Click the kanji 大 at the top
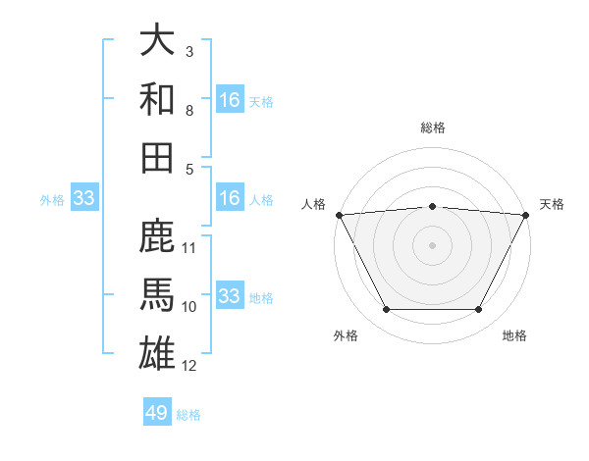click(157, 41)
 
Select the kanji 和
click(157, 99)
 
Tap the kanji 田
click(157, 157)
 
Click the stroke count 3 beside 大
click(189, 51)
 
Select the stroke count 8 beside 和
click(189, 110)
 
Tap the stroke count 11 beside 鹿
click(189, 247)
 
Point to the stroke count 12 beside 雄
click(189, 366)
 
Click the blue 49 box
click(157, 413)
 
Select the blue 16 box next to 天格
click(230, 99)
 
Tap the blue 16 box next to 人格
click(230, 199)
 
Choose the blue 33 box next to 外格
click(83, 199)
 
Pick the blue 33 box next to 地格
click(230, 295)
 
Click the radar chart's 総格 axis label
click(432, 128)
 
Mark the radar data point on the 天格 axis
click(526, 215)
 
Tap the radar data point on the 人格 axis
click(339, 215)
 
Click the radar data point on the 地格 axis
click(479, 310)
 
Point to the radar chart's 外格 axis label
click(346, 335)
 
